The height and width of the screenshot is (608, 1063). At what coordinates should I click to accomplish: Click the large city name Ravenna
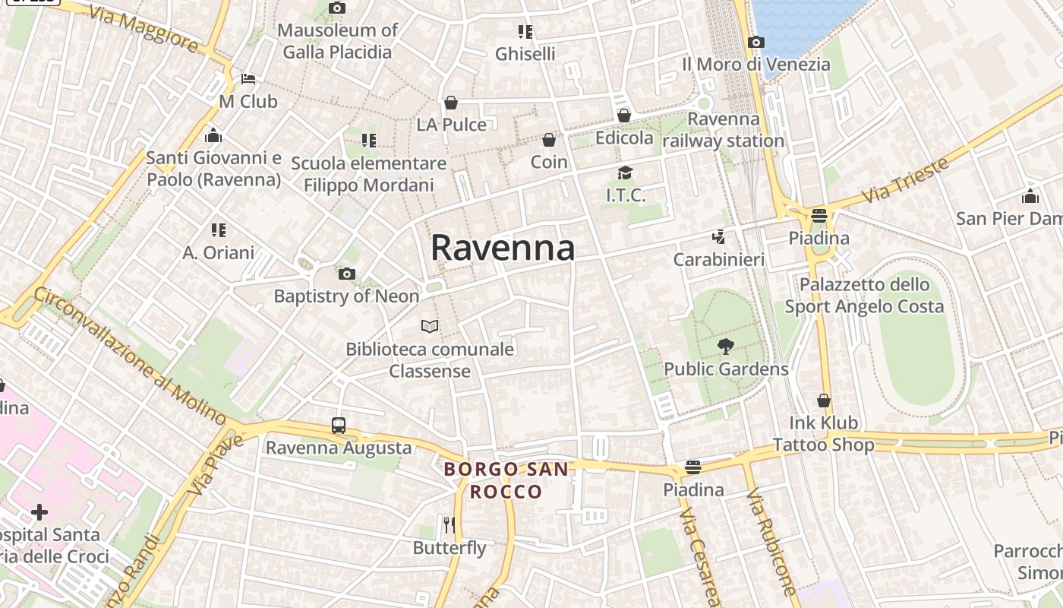[503, 249]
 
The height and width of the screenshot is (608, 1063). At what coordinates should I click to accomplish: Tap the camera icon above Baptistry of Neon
[347, 274]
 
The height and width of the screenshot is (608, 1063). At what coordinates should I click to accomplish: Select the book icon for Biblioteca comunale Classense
[430, 326]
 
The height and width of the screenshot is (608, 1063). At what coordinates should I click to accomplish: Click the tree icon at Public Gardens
[726, 347]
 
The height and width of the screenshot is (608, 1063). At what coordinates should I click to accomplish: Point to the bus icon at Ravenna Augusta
[339, 426]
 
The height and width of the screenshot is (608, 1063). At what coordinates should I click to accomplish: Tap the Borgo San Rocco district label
[506, 480]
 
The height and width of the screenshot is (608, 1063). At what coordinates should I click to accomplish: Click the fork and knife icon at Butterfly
[449, 524]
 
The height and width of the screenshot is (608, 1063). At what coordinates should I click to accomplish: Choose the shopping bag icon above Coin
[549, 140]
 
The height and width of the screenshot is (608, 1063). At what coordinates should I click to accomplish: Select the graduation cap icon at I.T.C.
[625, 173]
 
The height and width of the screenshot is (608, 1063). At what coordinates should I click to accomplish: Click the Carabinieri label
[719, 260]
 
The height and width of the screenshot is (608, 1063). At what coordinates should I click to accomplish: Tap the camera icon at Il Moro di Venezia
[756, 43]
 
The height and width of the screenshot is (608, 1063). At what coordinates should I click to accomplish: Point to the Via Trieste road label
[907, 179]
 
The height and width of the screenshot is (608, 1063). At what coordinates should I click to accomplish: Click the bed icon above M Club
[248, 79]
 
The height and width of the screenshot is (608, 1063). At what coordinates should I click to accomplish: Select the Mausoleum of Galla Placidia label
[337, 41]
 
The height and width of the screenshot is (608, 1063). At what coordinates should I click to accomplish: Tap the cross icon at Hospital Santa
[39, 512]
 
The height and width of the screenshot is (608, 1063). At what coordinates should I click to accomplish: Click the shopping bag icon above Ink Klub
[824, 401]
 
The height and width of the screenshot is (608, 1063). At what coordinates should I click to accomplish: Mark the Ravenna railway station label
[724, 130]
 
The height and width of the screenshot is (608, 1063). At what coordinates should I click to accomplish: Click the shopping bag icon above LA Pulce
[451, 103]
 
